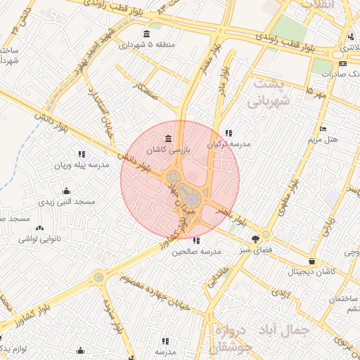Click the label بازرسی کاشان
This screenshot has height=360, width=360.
[167, 150]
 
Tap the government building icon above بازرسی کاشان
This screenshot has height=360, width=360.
[167, 138]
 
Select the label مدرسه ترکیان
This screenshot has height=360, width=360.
[229, 144]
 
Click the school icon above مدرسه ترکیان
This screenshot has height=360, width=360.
[229, 132]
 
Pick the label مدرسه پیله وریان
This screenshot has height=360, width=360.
[82, 166]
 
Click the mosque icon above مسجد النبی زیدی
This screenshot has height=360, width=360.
[66, 190]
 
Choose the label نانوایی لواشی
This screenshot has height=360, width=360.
[39, 240]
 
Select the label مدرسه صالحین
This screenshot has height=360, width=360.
[195, 252]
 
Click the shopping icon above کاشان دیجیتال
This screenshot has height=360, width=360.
[311, 261]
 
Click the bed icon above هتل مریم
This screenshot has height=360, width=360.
[323, 128]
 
